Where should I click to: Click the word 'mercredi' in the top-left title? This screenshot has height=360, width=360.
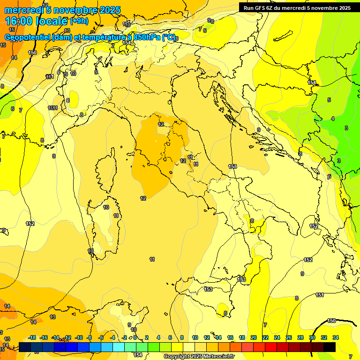[23, 10]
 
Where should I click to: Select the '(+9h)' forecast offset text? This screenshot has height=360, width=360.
[79, 21]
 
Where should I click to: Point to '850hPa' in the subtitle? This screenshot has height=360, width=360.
[145, 37]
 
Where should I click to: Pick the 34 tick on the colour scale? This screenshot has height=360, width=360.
[335, 337]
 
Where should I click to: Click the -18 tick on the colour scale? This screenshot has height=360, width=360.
[32, 337]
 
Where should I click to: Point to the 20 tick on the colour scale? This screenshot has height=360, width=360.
[254, 337]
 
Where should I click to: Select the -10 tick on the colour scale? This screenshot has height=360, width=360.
[79, 337]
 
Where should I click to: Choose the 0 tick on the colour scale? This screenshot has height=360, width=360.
[135, 337]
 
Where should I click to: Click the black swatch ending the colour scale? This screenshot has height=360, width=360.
[329, 347]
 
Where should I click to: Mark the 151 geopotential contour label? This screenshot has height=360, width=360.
[319, 295]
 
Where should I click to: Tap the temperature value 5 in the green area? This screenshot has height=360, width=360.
[329, 100]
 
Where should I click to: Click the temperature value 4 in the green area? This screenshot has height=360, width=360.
[333, 119]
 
